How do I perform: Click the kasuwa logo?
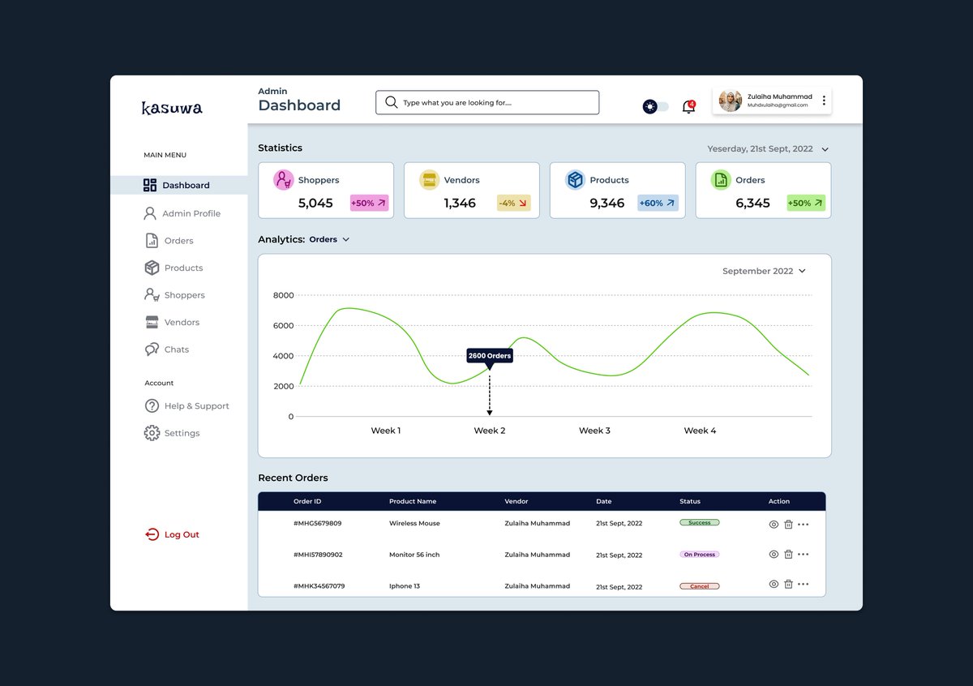click(172, 108)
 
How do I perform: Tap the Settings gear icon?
click(152, 433)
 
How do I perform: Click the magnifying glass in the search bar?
click(391, 102)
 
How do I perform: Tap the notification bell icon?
click(688, 107)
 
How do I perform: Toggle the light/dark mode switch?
click(655, 106)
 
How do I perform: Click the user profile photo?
click(730, 101)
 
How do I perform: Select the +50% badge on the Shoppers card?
click(369, 203)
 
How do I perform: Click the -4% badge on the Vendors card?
click(513, 203)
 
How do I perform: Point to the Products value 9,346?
click(607, 203)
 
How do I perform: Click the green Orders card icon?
click(721, 180)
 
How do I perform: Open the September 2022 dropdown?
click(764, 271)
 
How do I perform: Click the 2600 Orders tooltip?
click(490, 355)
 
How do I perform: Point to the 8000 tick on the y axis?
click(283, 295)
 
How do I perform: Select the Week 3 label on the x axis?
click(594, 431)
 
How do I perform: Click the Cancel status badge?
click(699, 586)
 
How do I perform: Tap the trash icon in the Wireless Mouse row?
click(788, 525)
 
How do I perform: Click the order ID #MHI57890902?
click(318, 555)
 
